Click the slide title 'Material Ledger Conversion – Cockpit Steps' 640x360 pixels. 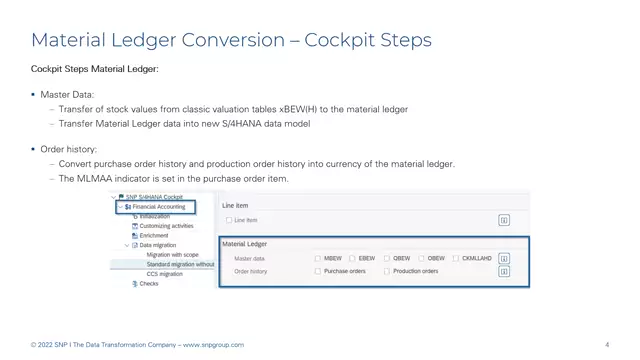tap(231, 40)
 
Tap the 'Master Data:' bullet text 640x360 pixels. tap(67, 94)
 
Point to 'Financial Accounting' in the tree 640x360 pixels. tap(160, 207)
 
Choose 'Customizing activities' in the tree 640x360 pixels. tap(166, 226)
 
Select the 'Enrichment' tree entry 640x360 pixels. tap(154, 235)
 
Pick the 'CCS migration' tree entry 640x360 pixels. tap(165, 273)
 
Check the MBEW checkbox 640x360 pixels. tap(318, 258)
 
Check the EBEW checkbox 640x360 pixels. tap(353, 258)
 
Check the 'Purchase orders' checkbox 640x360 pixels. tap(318, 271)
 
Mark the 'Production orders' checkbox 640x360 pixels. tap(387, 271)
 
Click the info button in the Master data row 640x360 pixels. tap(504, 258)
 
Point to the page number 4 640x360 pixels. tap(607, 345)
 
